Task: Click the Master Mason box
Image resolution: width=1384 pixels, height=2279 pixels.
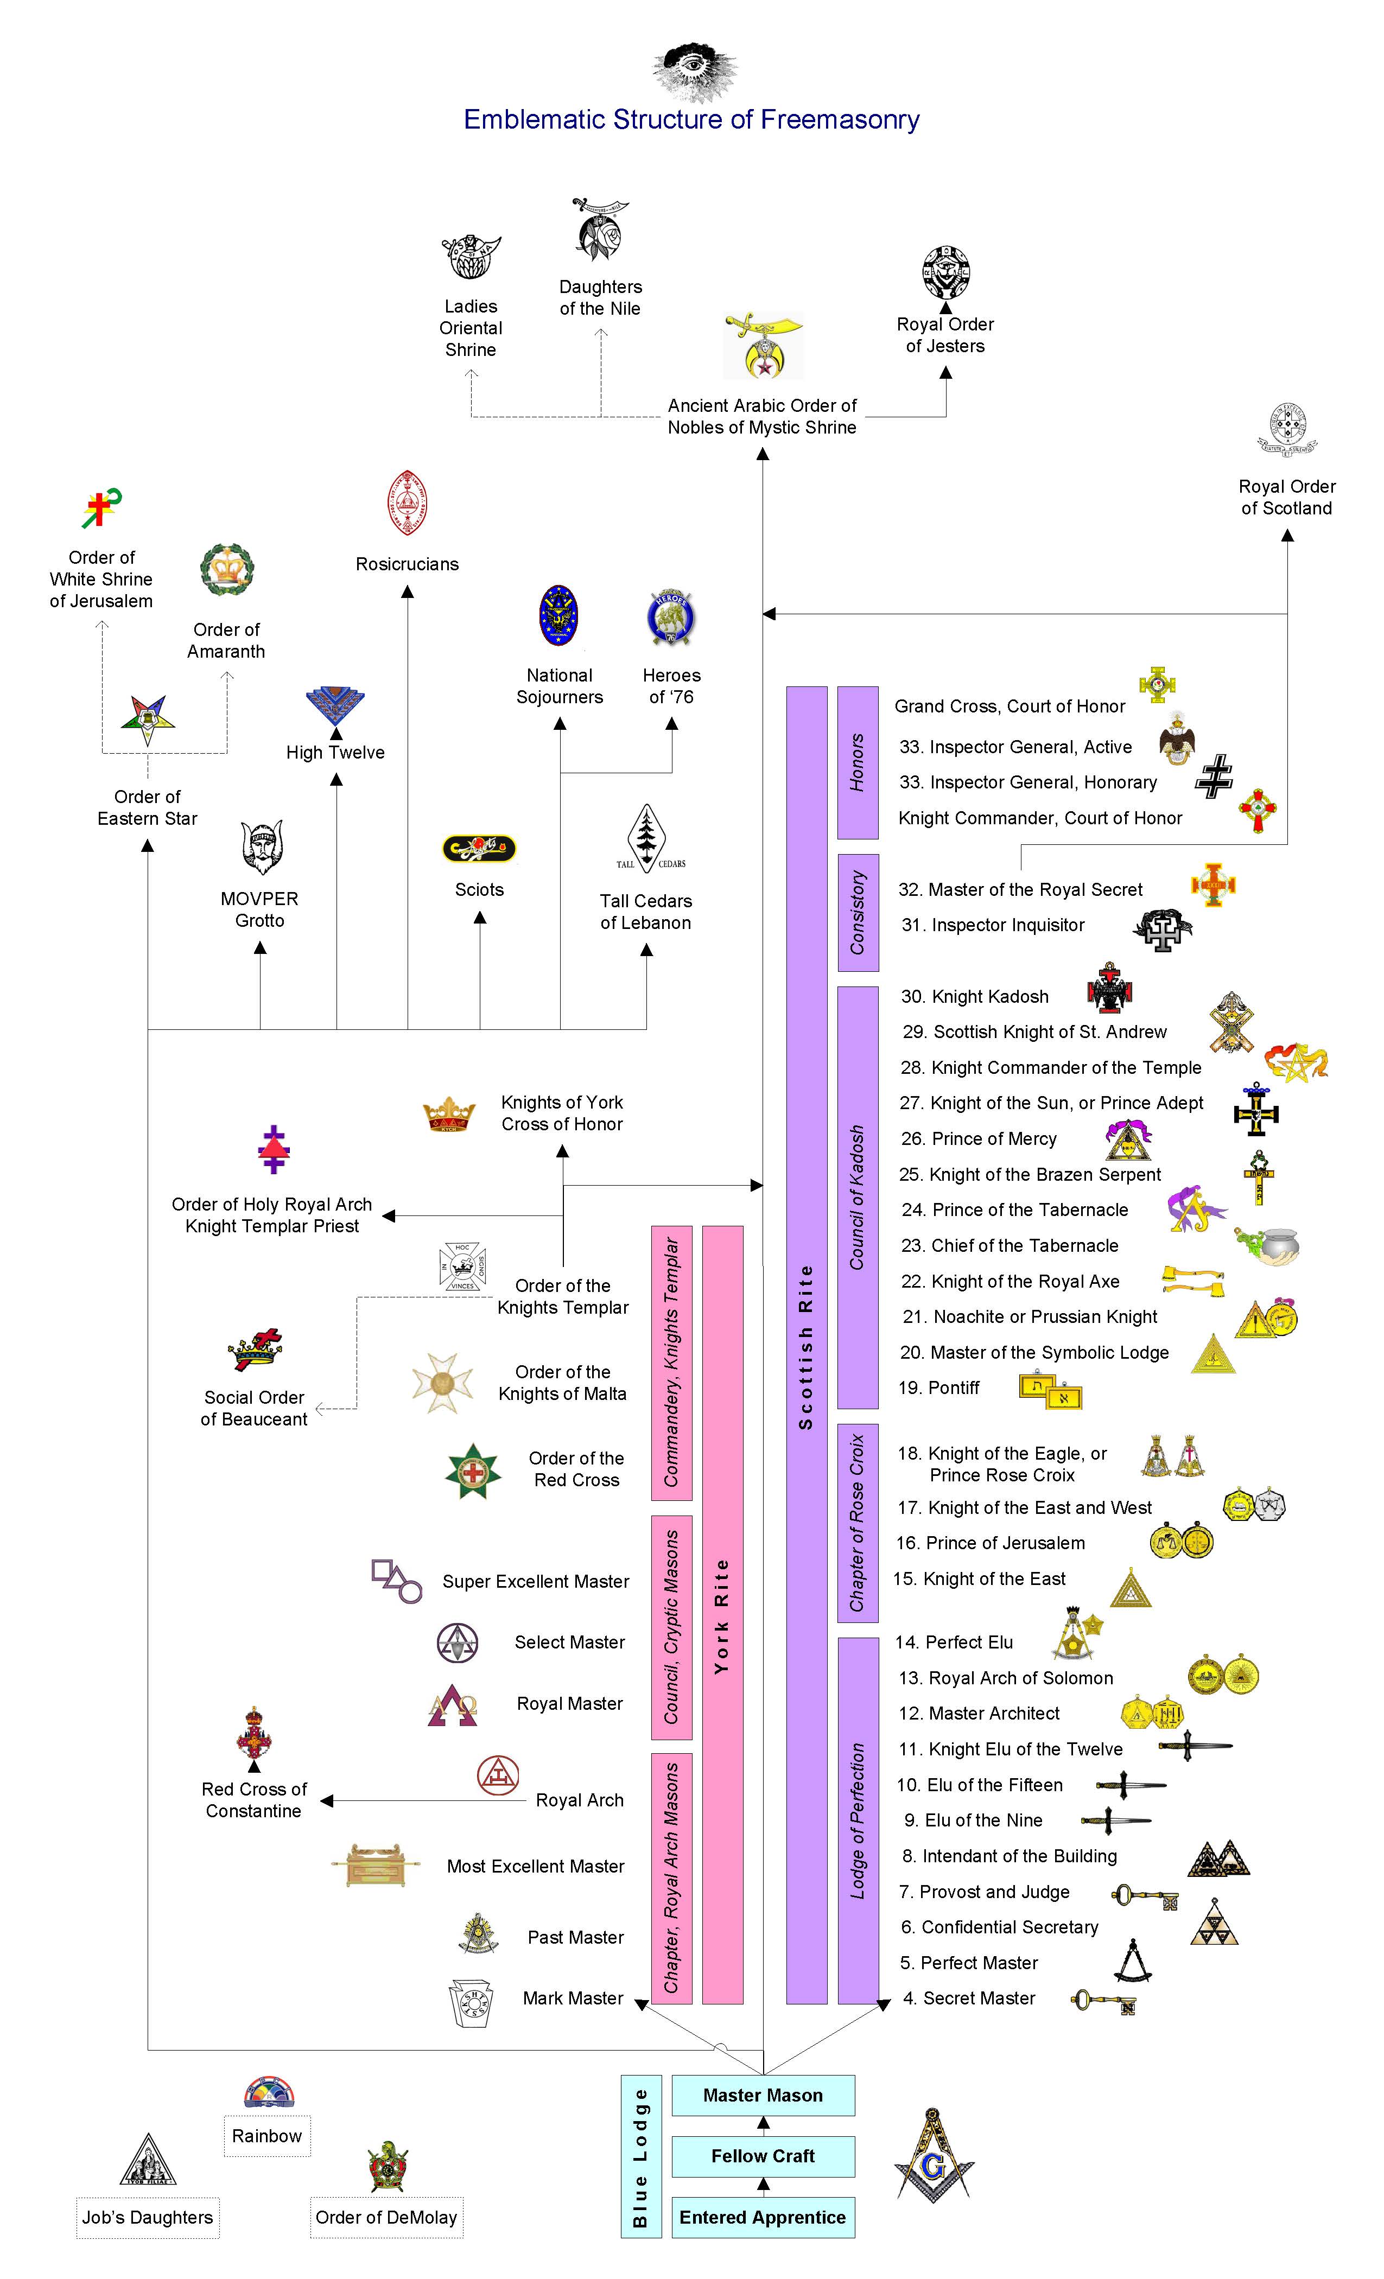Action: click(x=763, y=2095)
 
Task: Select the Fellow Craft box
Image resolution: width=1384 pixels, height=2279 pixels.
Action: click(x=763, y=2156)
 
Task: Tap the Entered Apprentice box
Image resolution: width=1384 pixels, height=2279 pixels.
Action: click(x=763, y=2217)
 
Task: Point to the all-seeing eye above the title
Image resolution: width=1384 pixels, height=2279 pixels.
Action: click(x=695, y=71)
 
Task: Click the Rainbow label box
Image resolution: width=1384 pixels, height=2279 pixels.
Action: click(x=266, y=2136)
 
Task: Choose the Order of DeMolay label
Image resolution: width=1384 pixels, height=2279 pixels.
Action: click(x=386, y=2217)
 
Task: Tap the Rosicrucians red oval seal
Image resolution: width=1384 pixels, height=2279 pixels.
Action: click(x=407, y=503)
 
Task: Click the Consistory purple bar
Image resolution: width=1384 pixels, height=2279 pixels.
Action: click(x=858, y=913)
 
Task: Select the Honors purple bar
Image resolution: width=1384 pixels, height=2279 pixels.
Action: click(x=858, y=763)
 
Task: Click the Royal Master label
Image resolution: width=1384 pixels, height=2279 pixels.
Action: click(x=570, y=1704)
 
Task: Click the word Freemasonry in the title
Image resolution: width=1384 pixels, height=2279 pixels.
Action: click(x=840, y=119)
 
